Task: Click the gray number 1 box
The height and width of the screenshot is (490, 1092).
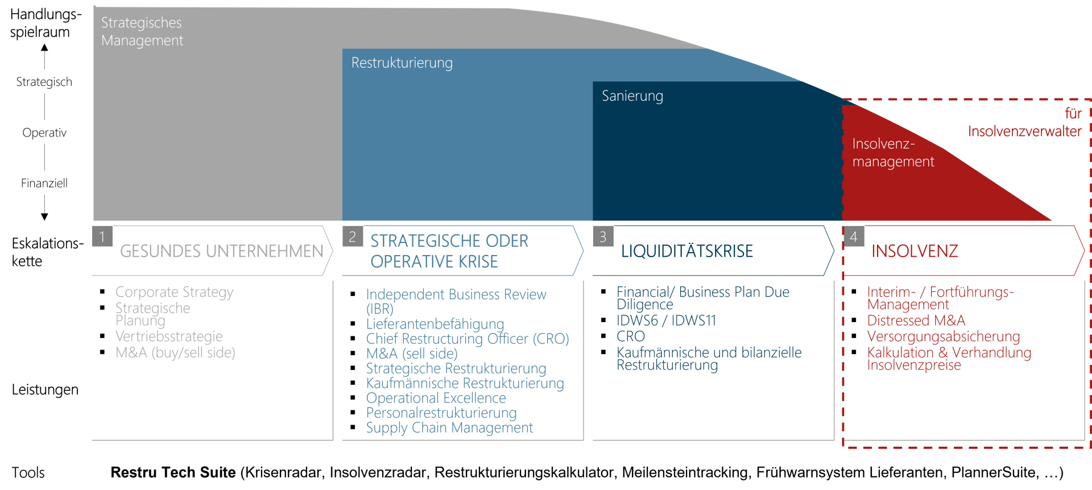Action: (102, 236)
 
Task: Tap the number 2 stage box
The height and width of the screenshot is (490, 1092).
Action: (353, 236)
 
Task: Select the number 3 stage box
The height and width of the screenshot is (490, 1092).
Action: (603, 236)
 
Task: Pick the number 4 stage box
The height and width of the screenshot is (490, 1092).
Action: (854, 236)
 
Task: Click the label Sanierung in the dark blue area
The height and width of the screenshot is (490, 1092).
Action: (632, 96)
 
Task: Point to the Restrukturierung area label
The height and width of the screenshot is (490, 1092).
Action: (402, 63)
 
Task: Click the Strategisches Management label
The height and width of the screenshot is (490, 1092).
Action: (142, 31)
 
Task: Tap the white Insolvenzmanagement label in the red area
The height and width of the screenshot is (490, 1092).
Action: (893, 153)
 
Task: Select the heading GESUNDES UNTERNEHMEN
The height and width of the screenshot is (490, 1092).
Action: (222, 251)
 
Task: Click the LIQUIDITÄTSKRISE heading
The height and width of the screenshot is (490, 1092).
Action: (687, 251)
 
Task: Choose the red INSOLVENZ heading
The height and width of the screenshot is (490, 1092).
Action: (915, 251)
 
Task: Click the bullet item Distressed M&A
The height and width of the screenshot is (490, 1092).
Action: (916, 320)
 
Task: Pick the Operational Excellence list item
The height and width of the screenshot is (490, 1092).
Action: (436, 398)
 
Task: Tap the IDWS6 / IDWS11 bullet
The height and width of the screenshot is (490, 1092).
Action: (667, 320)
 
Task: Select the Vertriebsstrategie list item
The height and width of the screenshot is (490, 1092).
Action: (169, 336)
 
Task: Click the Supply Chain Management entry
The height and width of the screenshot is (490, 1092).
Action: (450, 427)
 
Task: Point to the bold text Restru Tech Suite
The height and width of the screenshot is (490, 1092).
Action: (173, 472)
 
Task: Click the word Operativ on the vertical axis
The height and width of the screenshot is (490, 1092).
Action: (44, 133)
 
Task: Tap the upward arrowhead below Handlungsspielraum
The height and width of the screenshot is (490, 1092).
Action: (44, 47)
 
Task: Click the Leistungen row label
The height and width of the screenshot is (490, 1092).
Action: (45, 390)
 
